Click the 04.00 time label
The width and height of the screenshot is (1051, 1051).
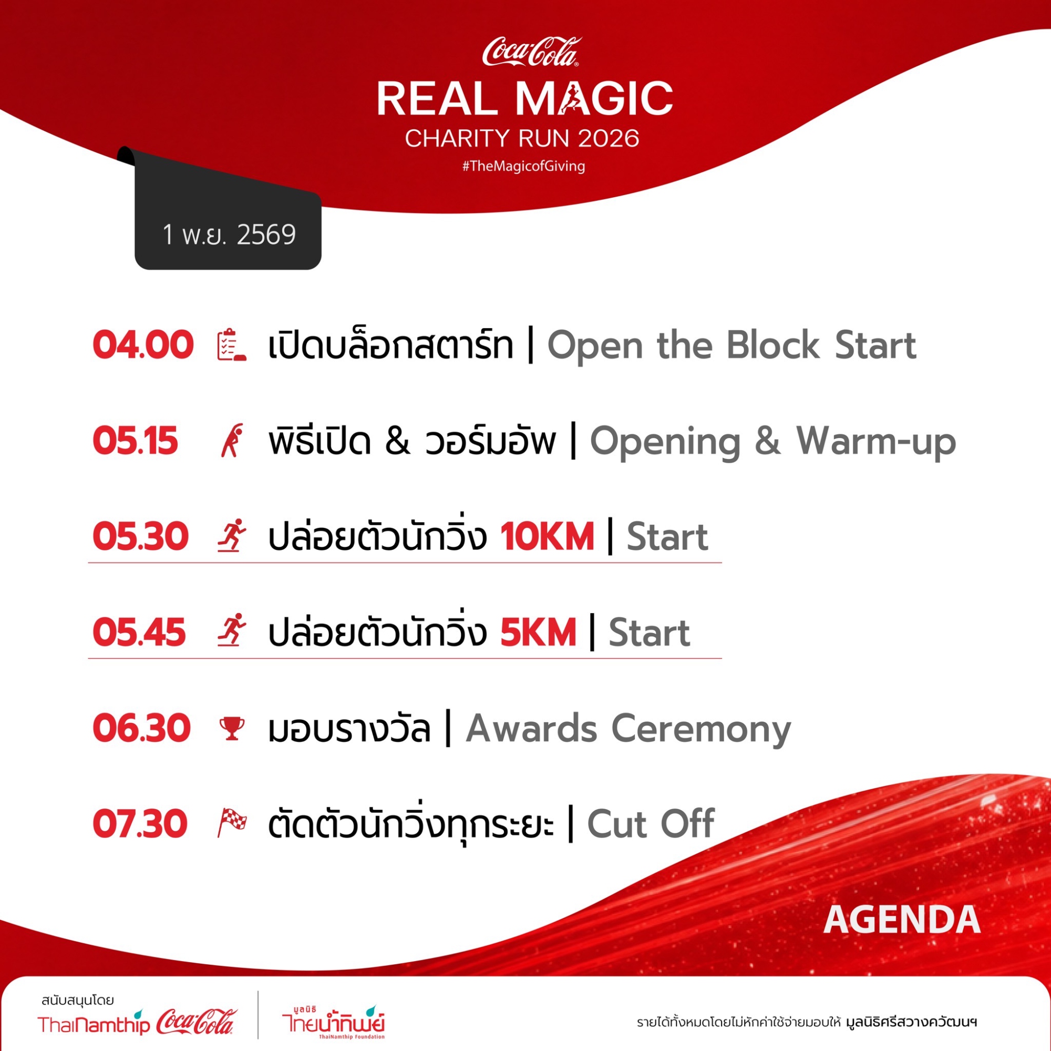(143, 345)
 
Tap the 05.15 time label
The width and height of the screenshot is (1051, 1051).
(136, 441)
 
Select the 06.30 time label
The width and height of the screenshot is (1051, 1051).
(141, 728)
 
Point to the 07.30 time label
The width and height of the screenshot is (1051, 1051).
(140, 824)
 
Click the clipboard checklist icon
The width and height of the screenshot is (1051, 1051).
(232, 345)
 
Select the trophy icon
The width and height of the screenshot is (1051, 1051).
(232, 728)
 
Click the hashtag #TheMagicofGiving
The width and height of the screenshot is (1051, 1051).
(524, 166)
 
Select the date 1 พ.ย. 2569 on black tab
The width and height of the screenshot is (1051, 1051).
(229, 234)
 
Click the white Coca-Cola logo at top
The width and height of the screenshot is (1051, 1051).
(531, 52)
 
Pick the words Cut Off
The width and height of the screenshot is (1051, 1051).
(651, 824)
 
